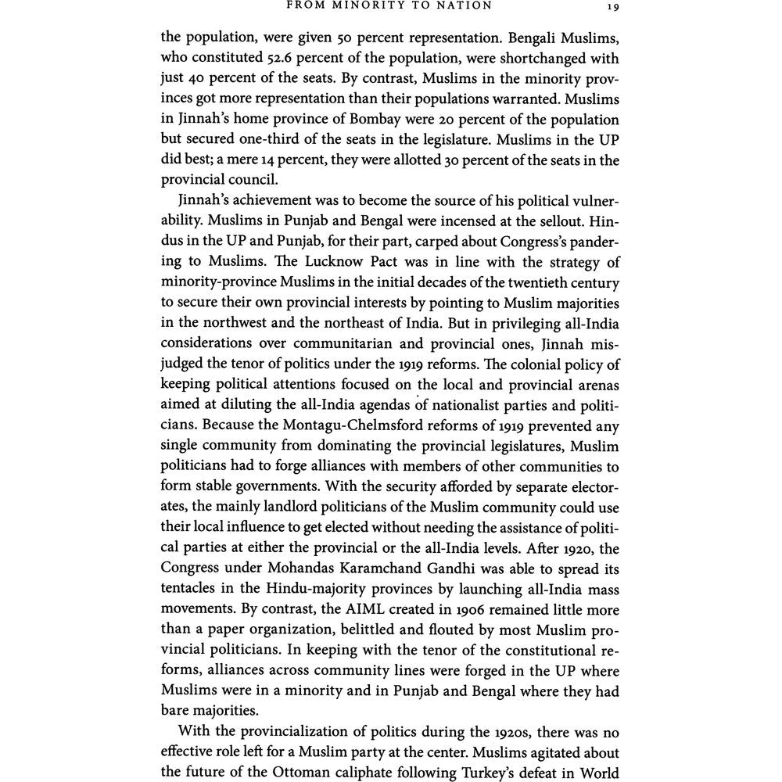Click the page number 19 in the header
point(613,7)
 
